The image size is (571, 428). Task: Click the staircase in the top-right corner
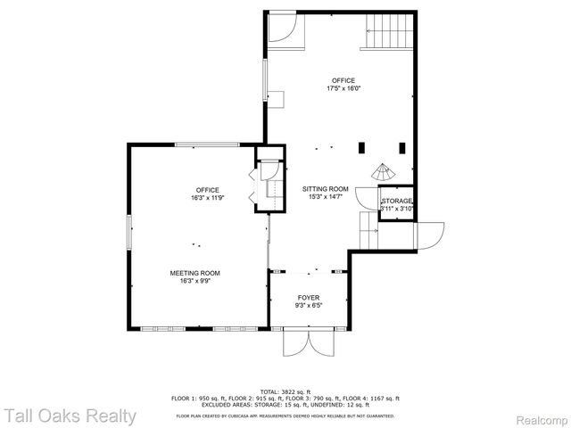[x=391, y=34]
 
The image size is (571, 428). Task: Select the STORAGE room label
[x=397, y=202]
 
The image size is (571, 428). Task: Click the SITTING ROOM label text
[x=325, y=190]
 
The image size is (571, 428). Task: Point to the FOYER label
[x=308, y=298]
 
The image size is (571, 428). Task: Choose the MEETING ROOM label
[x=194, y=273]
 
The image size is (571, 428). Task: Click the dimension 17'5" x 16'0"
[x=343, y=88]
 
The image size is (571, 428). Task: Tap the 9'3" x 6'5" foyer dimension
[x=308, y=306]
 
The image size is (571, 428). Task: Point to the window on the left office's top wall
[x=207, y=144]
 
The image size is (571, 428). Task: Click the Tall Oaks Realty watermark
[x=69, y=416]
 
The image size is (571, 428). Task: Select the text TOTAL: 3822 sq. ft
[x=285, y=391]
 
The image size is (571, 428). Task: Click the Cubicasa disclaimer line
[x=285, y=415]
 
